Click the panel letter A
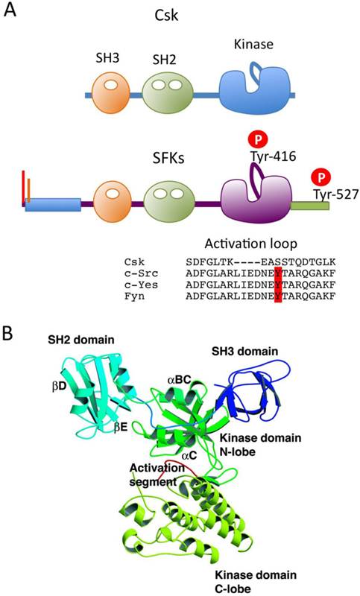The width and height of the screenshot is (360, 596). click(x=11, y=12)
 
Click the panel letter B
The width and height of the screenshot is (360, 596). click(x=10, y=329)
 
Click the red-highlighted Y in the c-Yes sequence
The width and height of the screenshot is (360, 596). click(x=278, y=283)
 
